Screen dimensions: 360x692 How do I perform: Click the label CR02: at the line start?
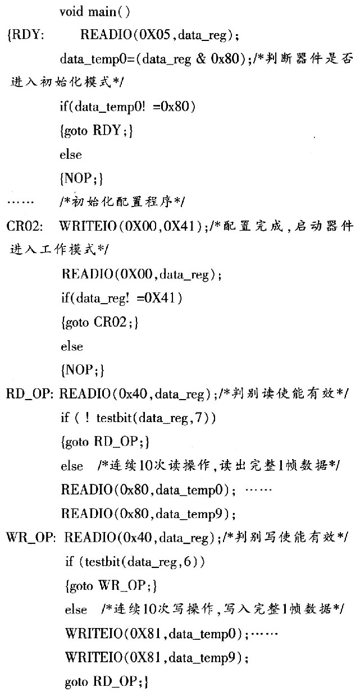click(x=24, y=226)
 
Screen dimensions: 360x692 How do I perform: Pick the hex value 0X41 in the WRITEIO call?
click(x=180, y=226)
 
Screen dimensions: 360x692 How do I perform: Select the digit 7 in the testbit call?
click(x=199, y=418)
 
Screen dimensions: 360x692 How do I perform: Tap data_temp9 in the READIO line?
click(x=192, y=514)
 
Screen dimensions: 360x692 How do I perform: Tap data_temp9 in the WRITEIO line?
click(x=205, y=657)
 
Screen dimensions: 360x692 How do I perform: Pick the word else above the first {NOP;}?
click(x=71, y=154)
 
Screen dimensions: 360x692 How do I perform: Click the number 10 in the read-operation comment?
click(x=147, y=465)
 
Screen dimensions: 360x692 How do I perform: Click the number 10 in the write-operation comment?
click(x=150, y=609)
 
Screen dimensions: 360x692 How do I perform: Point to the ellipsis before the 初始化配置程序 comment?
click(x=20, y=203)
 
